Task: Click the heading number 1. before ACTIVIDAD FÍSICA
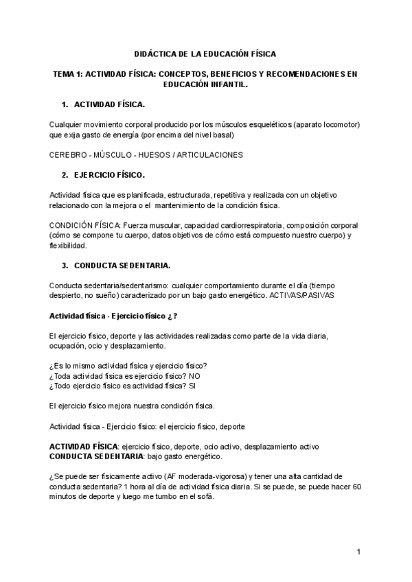tap(65, 104)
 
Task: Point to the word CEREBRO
tap(67, 155)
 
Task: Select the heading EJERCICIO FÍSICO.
tap(109, 175)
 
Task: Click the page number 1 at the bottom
tap(358, 551)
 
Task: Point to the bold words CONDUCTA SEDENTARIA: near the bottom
tap(96, 456)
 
